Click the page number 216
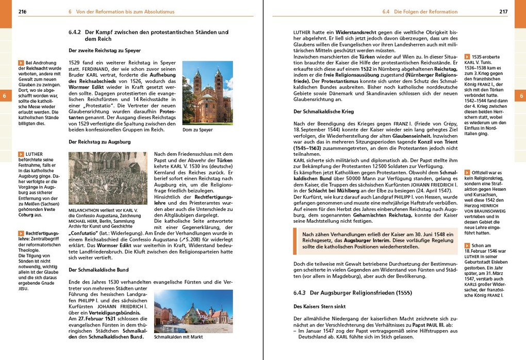pos(22,11)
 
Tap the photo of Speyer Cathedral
pos(207,93)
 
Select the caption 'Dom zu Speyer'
pos(198,130)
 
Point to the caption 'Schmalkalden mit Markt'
pos(178,337)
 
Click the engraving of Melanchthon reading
pos(108,178)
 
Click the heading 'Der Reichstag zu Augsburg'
pos(100,142)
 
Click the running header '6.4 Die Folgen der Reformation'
pos(420,11)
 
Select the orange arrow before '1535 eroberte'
pos(467,56)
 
